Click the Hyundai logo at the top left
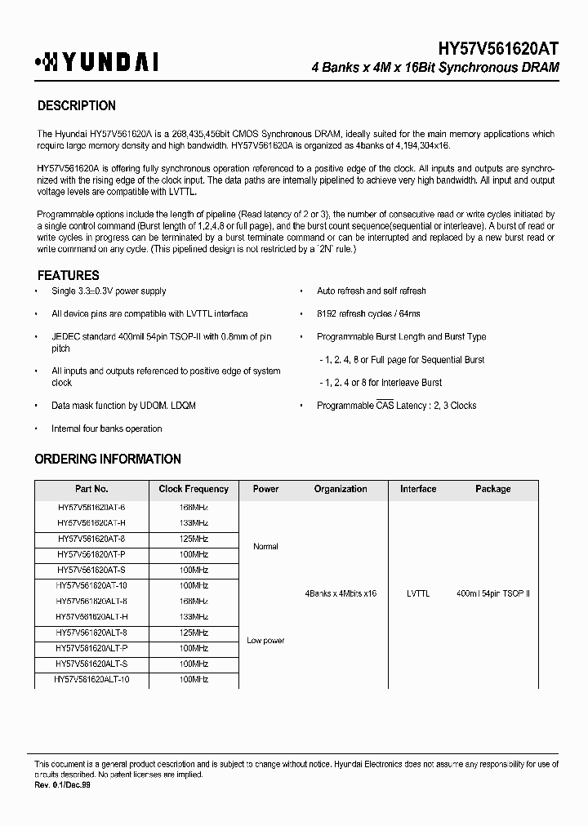click(96, 62)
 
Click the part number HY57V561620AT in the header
click(489, 50)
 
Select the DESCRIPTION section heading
click(77, 106)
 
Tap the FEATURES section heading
click(69, 276)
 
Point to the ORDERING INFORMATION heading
click(108, 460)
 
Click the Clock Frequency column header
click(194, 489)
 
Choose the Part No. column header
click(91, 489)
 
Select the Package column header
click(492, 489)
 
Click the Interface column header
click(418, 489)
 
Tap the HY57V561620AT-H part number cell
click(92, 522)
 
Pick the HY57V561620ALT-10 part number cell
click(92, 679)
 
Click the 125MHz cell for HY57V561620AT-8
click(194, 539)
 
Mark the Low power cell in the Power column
click(265, 641)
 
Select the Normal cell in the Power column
click(265, 547)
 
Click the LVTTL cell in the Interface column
click(418, 593)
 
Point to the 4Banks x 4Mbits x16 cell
click(341, 593)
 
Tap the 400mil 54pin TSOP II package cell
click(492, 593)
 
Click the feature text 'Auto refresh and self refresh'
click(371, 291)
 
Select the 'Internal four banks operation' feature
click(106, 429)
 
